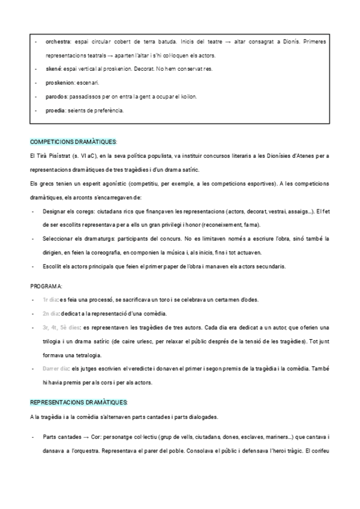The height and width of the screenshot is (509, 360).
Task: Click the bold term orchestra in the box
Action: point(58,41)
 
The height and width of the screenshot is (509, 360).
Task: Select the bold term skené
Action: point(53,69)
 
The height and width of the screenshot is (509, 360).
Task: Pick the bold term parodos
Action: point(56,97)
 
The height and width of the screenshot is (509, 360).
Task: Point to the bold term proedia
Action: point(56,110)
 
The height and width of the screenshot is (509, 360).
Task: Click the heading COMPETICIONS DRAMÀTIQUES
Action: point(73,142)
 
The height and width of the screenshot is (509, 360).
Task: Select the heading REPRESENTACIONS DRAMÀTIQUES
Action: point(79,403)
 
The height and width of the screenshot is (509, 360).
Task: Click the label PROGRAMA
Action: point(47,286)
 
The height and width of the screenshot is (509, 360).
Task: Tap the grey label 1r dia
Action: point(50,300)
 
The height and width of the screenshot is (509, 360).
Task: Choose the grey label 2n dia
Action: point(50,314)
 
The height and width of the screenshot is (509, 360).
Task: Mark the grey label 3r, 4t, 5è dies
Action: point(61,328)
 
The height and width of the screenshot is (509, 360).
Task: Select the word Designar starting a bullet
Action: point(55,211)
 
